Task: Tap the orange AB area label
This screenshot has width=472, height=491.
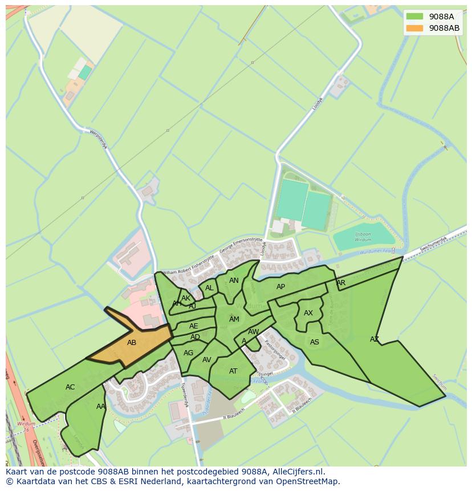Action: tap(132, 343)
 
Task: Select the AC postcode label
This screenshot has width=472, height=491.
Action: tap(70, 387)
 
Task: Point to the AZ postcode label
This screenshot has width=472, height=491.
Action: tap(375, 339)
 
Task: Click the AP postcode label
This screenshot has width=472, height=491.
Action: tap(280, 287)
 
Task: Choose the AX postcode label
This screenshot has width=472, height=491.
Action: tap(308, 313)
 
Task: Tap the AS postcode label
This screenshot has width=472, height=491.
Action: tap(315, 342)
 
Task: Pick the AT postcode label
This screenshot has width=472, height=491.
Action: tap(233, 371)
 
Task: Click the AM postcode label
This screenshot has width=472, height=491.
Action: tap(234, 319)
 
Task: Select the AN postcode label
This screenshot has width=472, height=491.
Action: tap(234, 281)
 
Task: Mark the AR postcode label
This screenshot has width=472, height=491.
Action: tap(341, 283)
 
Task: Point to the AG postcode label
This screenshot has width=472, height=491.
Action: tap(189, 353)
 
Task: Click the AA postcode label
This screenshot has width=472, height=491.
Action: tap(100, 407)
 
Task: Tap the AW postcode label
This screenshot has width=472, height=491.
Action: tap(254, 332)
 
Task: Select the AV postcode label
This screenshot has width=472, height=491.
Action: tap(207, 360)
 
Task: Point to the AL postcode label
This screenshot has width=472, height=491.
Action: tap(209, 288)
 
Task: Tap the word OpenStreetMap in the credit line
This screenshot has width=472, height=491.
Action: tap(308, 482)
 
